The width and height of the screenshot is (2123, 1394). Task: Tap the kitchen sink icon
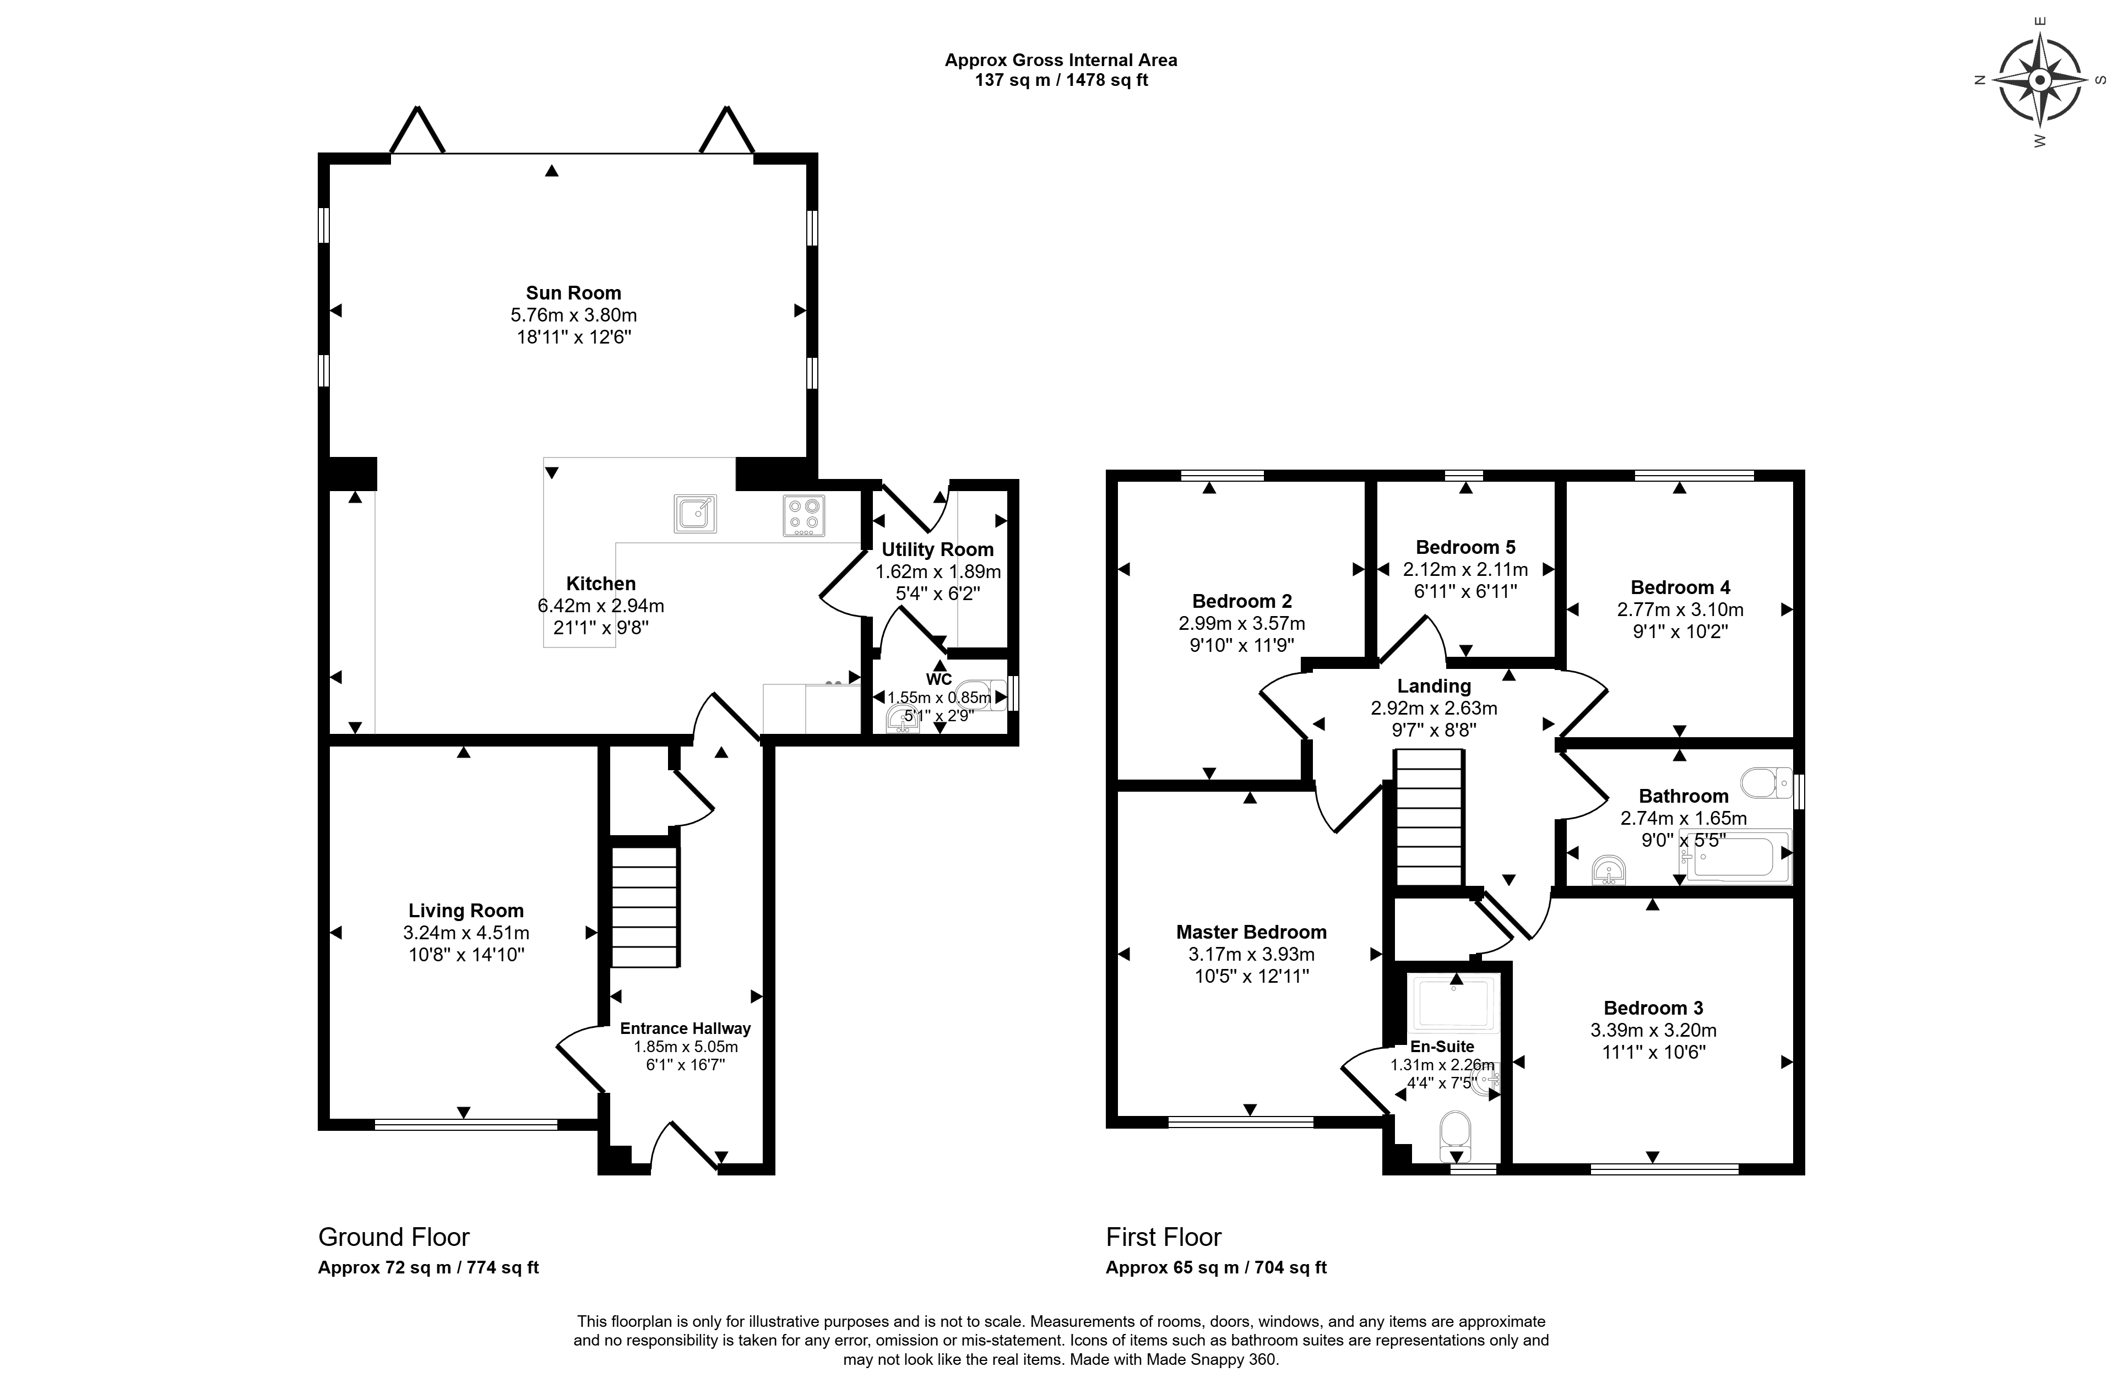pyautogui.click(x=696, y=513)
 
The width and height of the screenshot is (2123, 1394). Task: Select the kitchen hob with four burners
pyautogui.click(x=803, y=515)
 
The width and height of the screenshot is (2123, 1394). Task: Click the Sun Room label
pyautogui.click(x=573, y=292)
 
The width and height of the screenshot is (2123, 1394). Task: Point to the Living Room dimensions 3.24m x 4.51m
pyautogui.click(x=466, y=933)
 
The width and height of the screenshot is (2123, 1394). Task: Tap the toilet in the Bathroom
pyautogui.click(x=1766, y=782)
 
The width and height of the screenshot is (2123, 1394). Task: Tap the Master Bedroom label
pyautogui.click(x=1252, y=932)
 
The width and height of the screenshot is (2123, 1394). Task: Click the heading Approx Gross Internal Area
pyautogui.click(x=1062, y=60)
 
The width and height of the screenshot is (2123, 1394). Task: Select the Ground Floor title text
pyautogui.click(x=394, y=1237)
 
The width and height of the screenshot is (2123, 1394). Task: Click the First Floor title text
pyautogui.click(x=1164, y=1237)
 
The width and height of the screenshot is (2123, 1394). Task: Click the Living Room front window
pyautogui.click(x=466, y=1125)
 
